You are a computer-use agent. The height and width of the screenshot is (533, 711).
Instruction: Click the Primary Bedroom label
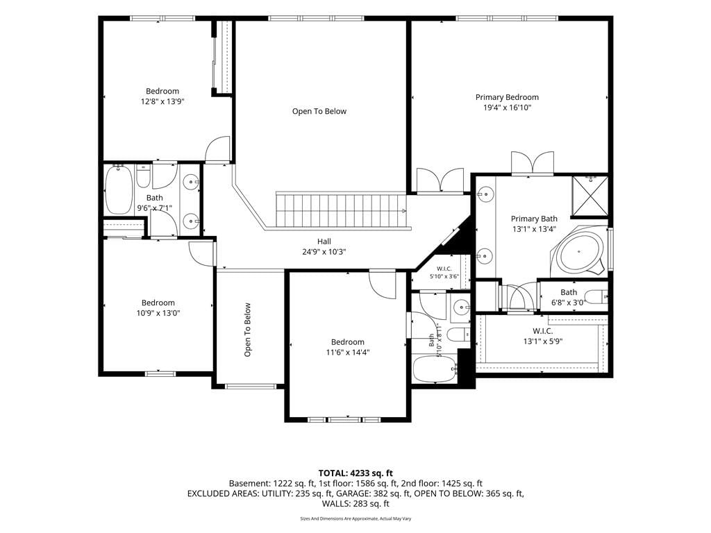(507, 97)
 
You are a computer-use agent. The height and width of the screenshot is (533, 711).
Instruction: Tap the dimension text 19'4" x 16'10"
(507, 108)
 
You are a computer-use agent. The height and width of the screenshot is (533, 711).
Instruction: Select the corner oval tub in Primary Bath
(580, 251)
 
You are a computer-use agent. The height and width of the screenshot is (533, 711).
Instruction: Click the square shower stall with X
(589, 196)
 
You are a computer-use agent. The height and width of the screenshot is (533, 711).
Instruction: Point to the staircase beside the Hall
(340, 211)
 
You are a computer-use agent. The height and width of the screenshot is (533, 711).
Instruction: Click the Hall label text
(324, 242)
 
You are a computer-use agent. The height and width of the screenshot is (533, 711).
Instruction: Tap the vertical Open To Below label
(248, 330)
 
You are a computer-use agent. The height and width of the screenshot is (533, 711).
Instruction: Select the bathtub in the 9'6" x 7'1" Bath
(119, 190)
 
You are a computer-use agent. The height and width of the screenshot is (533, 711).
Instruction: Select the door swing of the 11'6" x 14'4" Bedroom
(382, 284)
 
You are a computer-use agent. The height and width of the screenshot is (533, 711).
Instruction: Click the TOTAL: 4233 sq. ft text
(355, 473)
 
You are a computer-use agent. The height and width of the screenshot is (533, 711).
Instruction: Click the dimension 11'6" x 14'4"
(348, 353)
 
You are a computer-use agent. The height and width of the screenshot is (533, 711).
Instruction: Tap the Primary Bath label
(534, 219)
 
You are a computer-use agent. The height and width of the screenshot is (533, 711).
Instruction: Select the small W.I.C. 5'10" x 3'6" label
(444, 272)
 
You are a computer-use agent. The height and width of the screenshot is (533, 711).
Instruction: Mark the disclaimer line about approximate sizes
(355, 518)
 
